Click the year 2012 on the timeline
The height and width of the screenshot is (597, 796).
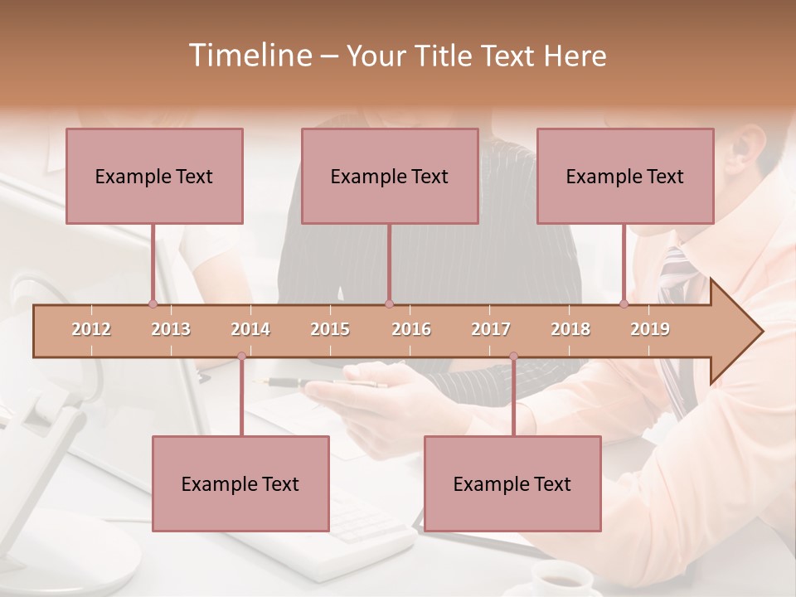pos(91,330)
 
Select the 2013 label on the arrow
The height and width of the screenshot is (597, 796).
pos(171,330)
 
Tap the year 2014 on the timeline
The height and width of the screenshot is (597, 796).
pos(250,330)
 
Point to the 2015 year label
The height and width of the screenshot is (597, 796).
pos(330,330)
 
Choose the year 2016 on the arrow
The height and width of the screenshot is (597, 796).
pos(411,330)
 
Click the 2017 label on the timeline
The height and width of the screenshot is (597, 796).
pos(491,330)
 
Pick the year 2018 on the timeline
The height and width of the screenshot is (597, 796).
pos(570,330)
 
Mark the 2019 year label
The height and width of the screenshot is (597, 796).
pos(650,330)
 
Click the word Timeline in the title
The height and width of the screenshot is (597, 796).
pos(249,56)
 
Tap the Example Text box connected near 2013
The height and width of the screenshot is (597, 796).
pos(154,177)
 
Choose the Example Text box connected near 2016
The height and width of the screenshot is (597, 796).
pos(390,177)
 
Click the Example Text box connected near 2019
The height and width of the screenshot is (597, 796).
pos(625,177)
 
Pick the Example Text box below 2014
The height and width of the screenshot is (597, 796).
pos(240,484)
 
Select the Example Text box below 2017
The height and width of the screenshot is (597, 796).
pos(512,484)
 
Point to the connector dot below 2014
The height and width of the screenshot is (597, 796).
pos(241,357)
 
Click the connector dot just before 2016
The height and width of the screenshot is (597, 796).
pos(390,303)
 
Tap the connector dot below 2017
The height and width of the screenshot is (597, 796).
pos(513,357)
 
